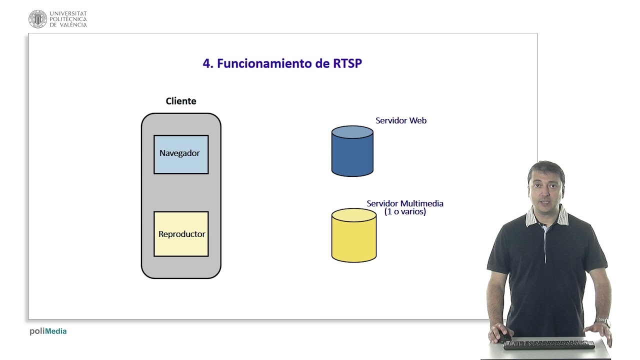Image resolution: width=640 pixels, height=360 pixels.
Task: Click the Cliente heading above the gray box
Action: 181,101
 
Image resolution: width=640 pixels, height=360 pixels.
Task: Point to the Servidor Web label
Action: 401,120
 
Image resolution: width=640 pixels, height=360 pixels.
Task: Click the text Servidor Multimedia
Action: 405,203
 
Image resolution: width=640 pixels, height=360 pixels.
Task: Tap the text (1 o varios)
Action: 405,211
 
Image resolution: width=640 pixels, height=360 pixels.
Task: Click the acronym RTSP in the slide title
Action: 347,63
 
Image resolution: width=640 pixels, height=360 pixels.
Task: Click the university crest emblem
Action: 37,19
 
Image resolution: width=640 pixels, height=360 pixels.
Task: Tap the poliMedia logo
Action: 48,331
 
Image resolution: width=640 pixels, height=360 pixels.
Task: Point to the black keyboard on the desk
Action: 549,345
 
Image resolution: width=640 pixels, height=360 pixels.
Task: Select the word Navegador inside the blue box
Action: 179,153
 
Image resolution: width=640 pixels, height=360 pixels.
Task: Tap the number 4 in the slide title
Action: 206,63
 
